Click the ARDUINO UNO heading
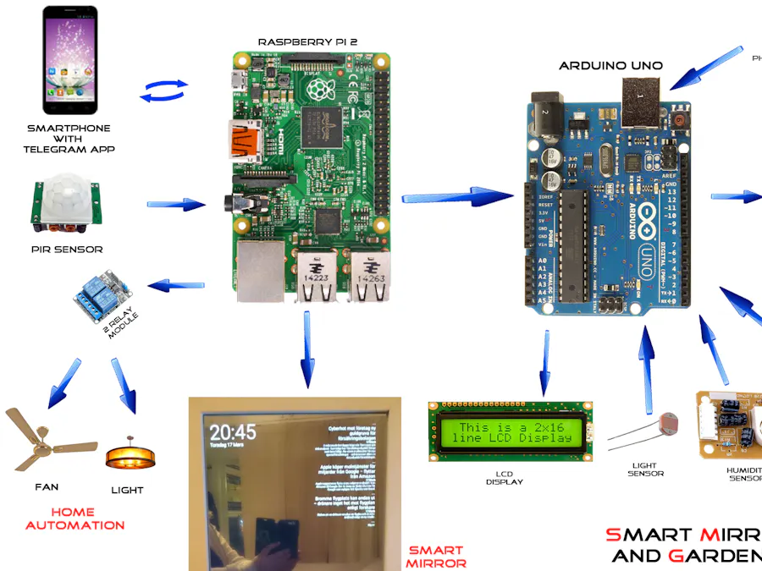coord(611,65)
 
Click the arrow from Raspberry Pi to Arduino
coord(457,198)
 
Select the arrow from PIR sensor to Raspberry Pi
coord(176,204)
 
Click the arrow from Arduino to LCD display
coord(543,364)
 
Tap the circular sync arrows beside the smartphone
coord(163,91)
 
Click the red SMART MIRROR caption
coord(435,556)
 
